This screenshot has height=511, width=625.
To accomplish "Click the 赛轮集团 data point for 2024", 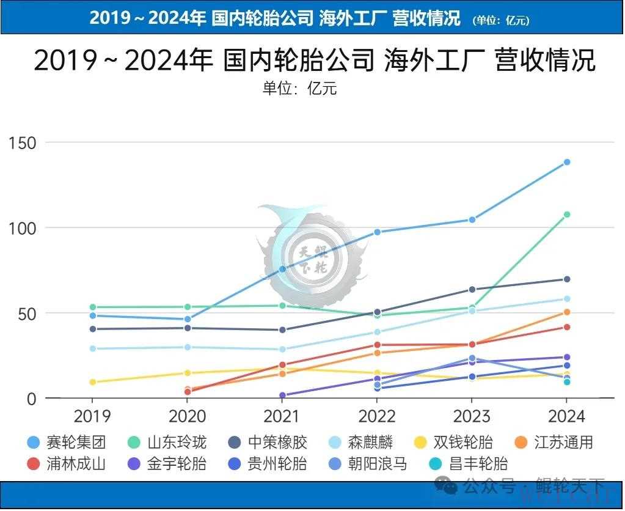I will point(567,162).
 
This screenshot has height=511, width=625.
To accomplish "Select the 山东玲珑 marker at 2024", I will point(567,215).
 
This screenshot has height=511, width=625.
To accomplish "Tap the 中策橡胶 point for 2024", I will point(567,279).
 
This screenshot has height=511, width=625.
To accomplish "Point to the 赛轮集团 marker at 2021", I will point(282,269).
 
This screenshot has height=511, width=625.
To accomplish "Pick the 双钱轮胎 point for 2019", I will point(93,382).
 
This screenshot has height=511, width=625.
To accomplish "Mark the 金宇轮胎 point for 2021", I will point(282,395).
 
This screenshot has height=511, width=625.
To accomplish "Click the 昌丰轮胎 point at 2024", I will point(567,382).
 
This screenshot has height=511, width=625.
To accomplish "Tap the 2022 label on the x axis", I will point(377,417).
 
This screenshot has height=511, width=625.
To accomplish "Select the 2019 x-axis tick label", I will point(92,417).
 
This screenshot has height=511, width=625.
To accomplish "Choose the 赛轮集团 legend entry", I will point(67,442).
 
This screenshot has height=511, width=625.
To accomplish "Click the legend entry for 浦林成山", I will point(67,463).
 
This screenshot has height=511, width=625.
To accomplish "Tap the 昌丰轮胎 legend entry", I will point(470,463).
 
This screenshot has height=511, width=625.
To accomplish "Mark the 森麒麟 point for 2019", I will point(93,348).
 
